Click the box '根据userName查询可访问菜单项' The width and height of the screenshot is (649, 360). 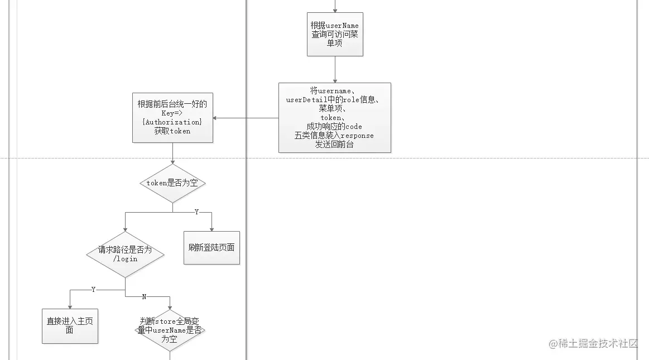coord(335,34)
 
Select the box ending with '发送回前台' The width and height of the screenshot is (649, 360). coord(334,117)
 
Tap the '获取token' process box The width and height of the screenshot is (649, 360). coord(172,117)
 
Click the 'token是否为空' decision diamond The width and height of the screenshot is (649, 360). coord(172,183)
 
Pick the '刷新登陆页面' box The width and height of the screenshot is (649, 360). coord(211,247)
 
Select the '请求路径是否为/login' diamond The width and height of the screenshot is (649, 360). coord(125,255)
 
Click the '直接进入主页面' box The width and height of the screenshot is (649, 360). coord(70,326)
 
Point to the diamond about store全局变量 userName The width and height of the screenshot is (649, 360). coord(170,330)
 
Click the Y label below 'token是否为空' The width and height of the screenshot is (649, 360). coord(196,212)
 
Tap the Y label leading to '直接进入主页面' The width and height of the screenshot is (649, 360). coord(93,290)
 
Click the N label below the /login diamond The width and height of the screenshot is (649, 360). coord(144,296)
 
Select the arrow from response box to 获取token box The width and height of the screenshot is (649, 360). coord(246,118)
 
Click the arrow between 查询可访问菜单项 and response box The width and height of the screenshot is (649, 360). coord(335,69)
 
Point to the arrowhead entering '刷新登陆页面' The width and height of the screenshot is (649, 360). coord(211,228)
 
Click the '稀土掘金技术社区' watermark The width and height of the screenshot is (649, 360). coord(593,343)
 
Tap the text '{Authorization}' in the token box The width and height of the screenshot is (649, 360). coord(172,122)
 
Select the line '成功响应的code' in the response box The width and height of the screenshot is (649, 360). coord(334,126)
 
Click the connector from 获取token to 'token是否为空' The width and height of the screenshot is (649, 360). coord(172,152)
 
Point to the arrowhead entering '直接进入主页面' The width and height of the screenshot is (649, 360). coord(70,306)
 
